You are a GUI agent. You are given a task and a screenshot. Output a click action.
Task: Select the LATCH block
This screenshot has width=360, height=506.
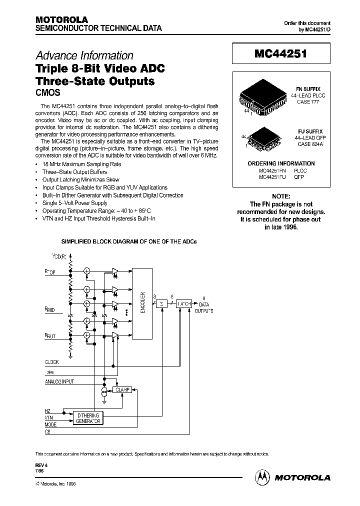point(183,303)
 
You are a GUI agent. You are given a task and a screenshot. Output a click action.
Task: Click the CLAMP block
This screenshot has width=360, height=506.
point(122,389)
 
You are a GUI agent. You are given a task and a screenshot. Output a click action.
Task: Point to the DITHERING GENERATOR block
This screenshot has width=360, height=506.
point(87,418)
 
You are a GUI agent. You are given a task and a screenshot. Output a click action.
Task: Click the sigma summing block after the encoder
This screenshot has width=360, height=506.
point(161,303)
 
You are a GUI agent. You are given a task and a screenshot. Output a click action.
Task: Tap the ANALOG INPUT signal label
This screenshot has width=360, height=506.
point(59,382)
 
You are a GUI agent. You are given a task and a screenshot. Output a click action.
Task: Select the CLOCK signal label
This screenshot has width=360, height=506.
point(52,361)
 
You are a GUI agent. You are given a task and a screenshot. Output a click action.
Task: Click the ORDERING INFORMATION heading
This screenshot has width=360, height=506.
point(281,163)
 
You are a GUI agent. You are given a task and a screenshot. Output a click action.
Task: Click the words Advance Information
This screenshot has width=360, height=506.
point(84,56)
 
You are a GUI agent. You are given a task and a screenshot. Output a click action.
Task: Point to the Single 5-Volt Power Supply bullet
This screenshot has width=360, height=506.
point(75,203)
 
